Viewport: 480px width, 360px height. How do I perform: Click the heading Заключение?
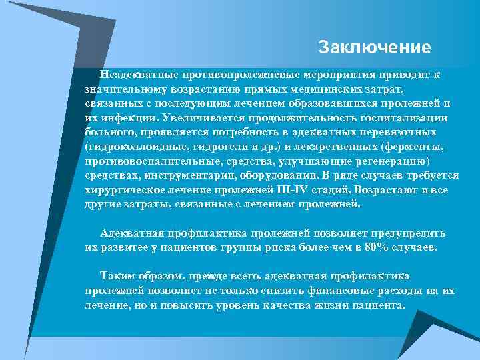coord(375,48)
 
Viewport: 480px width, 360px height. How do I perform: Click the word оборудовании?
coord(280,175)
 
